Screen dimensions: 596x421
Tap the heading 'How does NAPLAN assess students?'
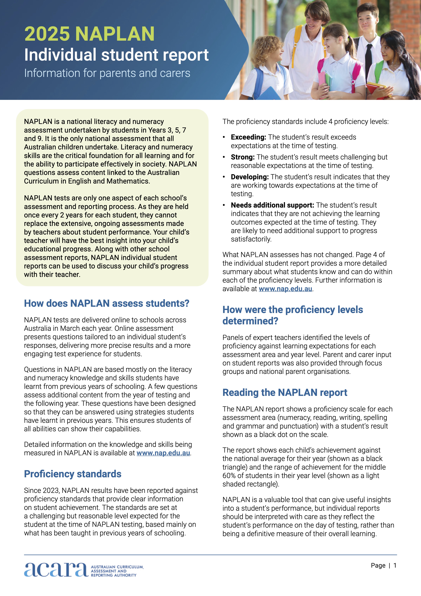[x=107, y=303]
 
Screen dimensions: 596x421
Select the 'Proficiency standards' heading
[x=73, y=474]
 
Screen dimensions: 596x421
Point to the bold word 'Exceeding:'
[x=248, y=137]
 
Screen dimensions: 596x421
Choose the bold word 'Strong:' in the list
[x=243, y=157]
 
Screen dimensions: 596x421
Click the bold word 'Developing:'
[x=250, y=177]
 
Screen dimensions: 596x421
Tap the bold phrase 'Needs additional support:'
[x=272, y=205]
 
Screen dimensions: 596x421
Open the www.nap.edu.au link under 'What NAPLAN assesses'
[x=285, y=289]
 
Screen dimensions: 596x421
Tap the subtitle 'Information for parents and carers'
[x=107, y=73]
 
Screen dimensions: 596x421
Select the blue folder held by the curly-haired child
[x=270, y=94]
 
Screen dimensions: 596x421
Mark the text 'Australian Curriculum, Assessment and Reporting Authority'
[x=117, y=571]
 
